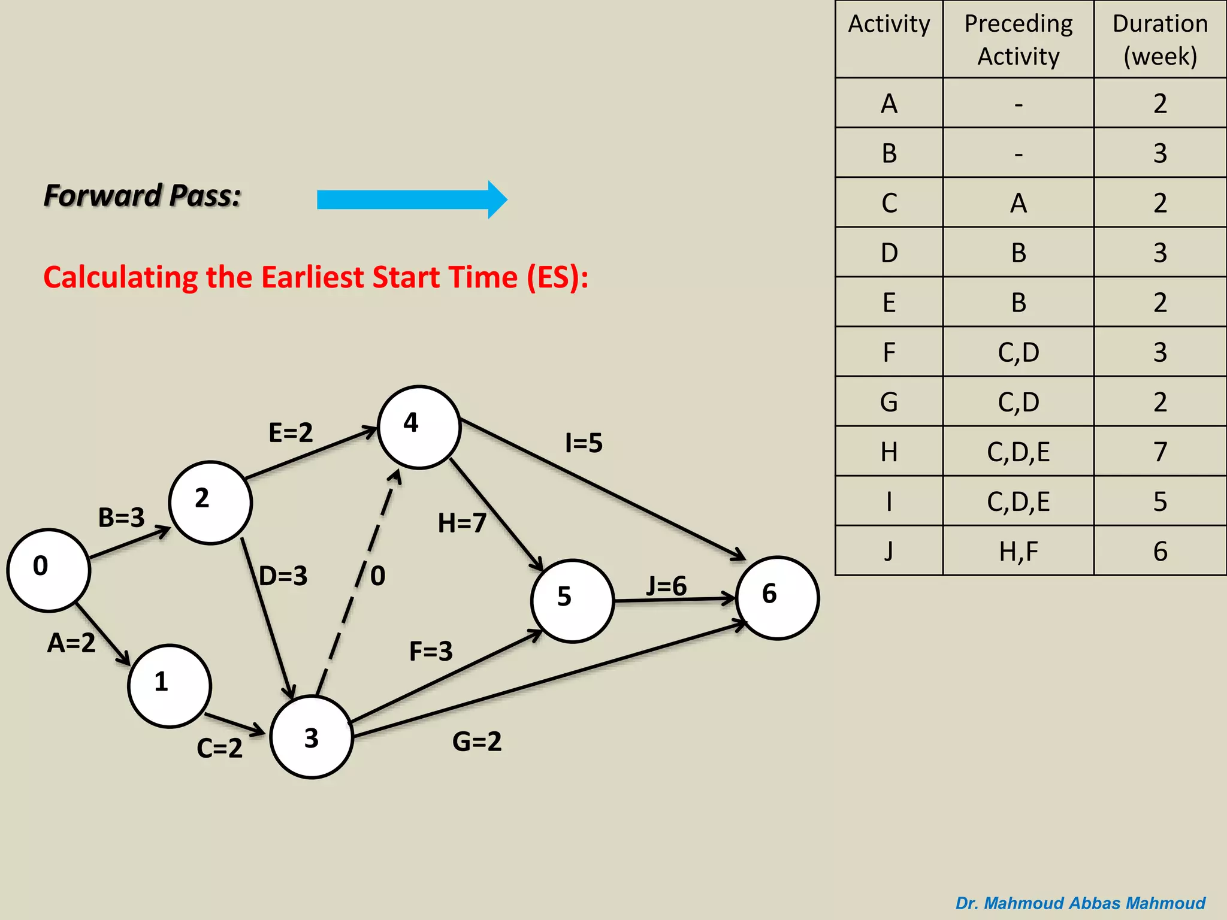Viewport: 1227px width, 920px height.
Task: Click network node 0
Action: pos(49,570)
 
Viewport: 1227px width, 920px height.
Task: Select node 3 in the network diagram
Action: pos(312,737)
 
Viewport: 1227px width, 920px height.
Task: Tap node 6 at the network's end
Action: pos(777,598)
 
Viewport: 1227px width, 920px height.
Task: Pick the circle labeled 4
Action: pos(419,427)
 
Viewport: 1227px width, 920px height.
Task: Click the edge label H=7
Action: pos(462,523)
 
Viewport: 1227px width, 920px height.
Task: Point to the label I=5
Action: pos(584,443)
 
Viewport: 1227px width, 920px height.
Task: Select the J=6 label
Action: pos(666,586)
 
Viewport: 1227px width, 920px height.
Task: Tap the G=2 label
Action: pos(477,742)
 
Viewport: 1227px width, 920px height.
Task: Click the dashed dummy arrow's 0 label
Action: pos(378,576)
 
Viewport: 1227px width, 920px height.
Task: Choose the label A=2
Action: pos(71,643)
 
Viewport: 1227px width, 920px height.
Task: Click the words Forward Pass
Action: pos(143,196)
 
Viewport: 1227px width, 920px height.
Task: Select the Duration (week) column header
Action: pos(1160,40)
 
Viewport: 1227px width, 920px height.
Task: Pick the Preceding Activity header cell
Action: pos(1018,40)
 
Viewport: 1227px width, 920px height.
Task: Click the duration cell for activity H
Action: pos(1160,452)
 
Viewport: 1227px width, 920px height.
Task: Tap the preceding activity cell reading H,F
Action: pos(1018,551)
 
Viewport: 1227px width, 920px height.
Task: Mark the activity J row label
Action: pos(888,551)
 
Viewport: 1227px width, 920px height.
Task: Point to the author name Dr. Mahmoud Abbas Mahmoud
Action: pos(1080,903)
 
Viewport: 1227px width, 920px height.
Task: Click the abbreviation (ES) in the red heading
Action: pos(554,277)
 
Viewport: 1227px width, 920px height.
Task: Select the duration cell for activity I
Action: pos(1160,501)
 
